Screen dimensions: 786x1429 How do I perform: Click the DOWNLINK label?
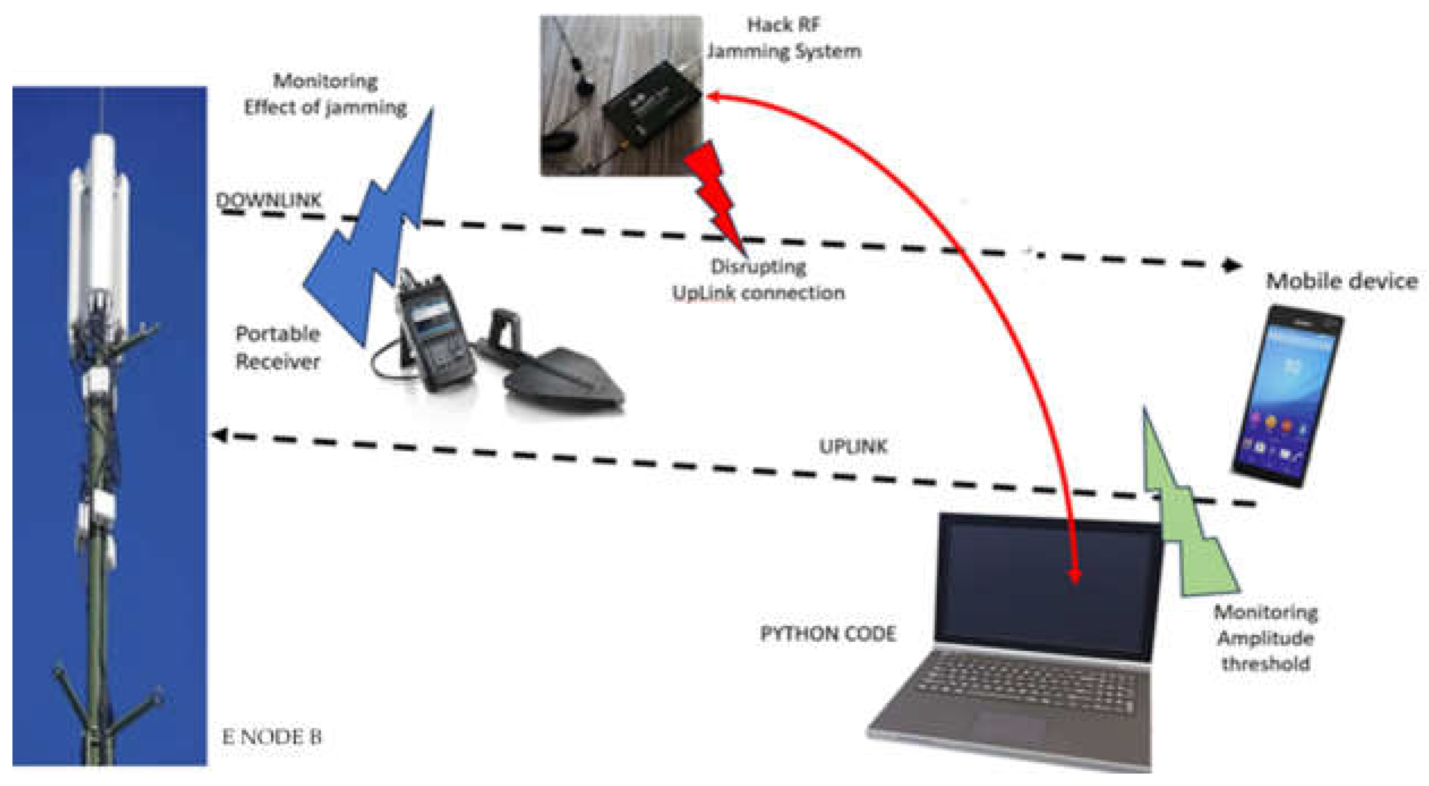point(268,200)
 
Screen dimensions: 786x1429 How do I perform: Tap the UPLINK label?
point(852,447)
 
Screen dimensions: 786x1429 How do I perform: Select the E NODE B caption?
point(272,737)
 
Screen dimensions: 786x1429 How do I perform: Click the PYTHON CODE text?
point(827,634)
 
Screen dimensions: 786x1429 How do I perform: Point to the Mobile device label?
point(1341,281)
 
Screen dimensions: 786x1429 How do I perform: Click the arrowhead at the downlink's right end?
point(1232,265)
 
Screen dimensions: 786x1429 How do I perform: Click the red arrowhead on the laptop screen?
point(1074,576)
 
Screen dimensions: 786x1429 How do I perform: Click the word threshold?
point(1265,663)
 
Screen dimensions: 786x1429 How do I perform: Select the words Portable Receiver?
point(278,347)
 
